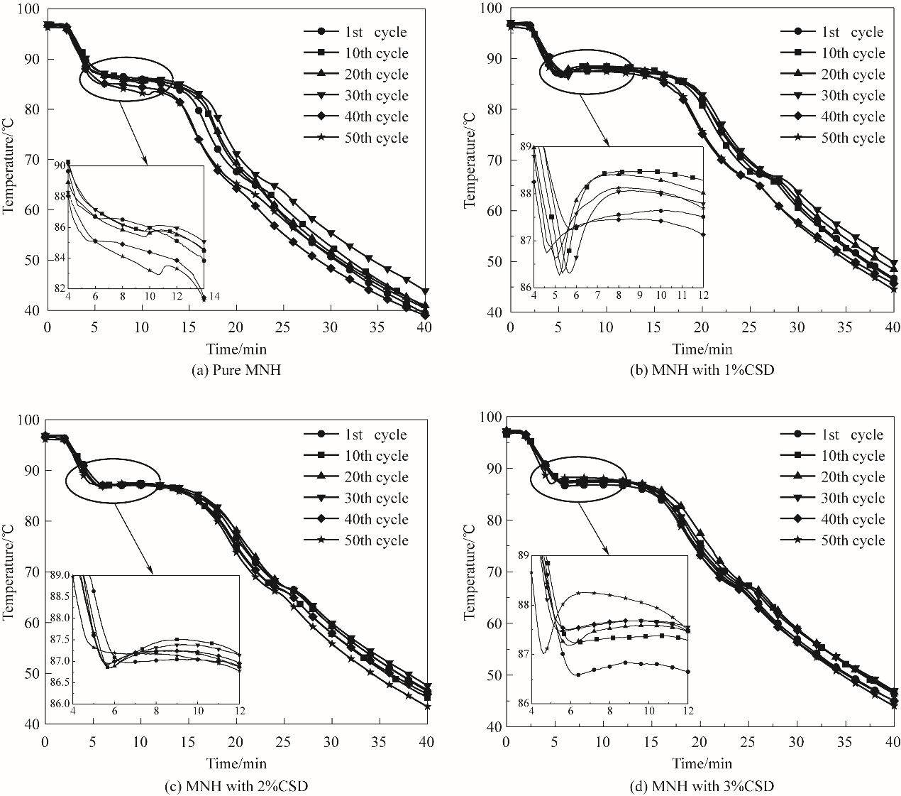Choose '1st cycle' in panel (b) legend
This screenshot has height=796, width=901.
851,32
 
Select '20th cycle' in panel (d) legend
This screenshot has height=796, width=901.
851,477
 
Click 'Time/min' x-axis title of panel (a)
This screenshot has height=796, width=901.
236,348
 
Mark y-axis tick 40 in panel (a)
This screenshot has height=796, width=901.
33,311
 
